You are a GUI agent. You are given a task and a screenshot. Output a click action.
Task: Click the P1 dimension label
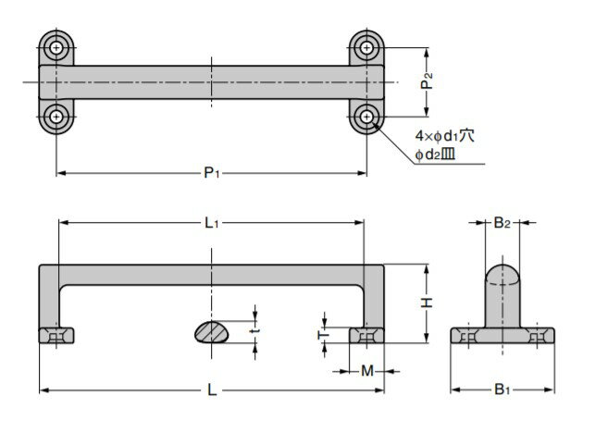[x=212, y=172]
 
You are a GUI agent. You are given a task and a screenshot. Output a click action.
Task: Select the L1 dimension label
[x=211, y=223]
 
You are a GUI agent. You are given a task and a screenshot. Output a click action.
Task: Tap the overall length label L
[x=211, y=392]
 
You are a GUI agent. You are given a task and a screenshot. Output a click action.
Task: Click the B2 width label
[x=501, y=222]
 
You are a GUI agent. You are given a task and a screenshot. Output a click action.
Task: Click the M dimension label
[x=367, y=371]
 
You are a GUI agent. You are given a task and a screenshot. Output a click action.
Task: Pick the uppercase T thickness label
[x=323, y=335]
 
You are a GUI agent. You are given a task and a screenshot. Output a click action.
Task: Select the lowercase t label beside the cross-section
[x=255, y=326]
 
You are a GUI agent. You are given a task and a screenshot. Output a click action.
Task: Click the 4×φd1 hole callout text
[x=444, y=136]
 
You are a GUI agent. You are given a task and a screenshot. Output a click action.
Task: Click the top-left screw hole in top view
[x=58, y=46]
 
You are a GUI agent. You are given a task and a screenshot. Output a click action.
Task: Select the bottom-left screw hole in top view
[x=58, y=116]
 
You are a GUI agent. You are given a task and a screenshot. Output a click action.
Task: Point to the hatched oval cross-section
[x=215, y=331]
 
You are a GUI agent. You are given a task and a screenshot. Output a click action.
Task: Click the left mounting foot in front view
[x=58, y=336]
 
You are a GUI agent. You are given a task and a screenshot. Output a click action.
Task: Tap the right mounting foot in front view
[x=367, y=336]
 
